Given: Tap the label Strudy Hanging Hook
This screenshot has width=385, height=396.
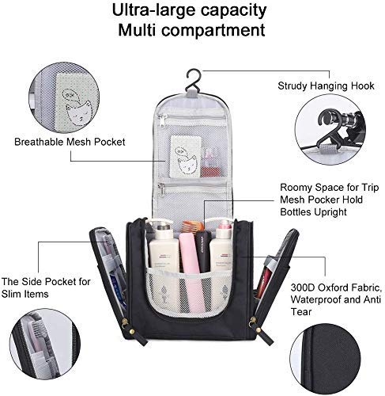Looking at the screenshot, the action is click(x=326, y=86).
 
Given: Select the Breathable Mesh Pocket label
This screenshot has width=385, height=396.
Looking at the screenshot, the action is click(x=70, y=142).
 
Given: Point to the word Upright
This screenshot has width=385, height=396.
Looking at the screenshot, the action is click(x=330, y=212).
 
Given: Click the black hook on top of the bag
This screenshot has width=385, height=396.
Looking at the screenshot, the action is click(x=193, y=81).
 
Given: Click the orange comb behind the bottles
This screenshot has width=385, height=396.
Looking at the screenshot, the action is click(x=193, y=227).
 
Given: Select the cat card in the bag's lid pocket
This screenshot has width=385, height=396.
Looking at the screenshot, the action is click(x=186, y=157).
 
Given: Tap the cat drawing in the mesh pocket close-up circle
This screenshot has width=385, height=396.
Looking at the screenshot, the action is click(x=76, y=108).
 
